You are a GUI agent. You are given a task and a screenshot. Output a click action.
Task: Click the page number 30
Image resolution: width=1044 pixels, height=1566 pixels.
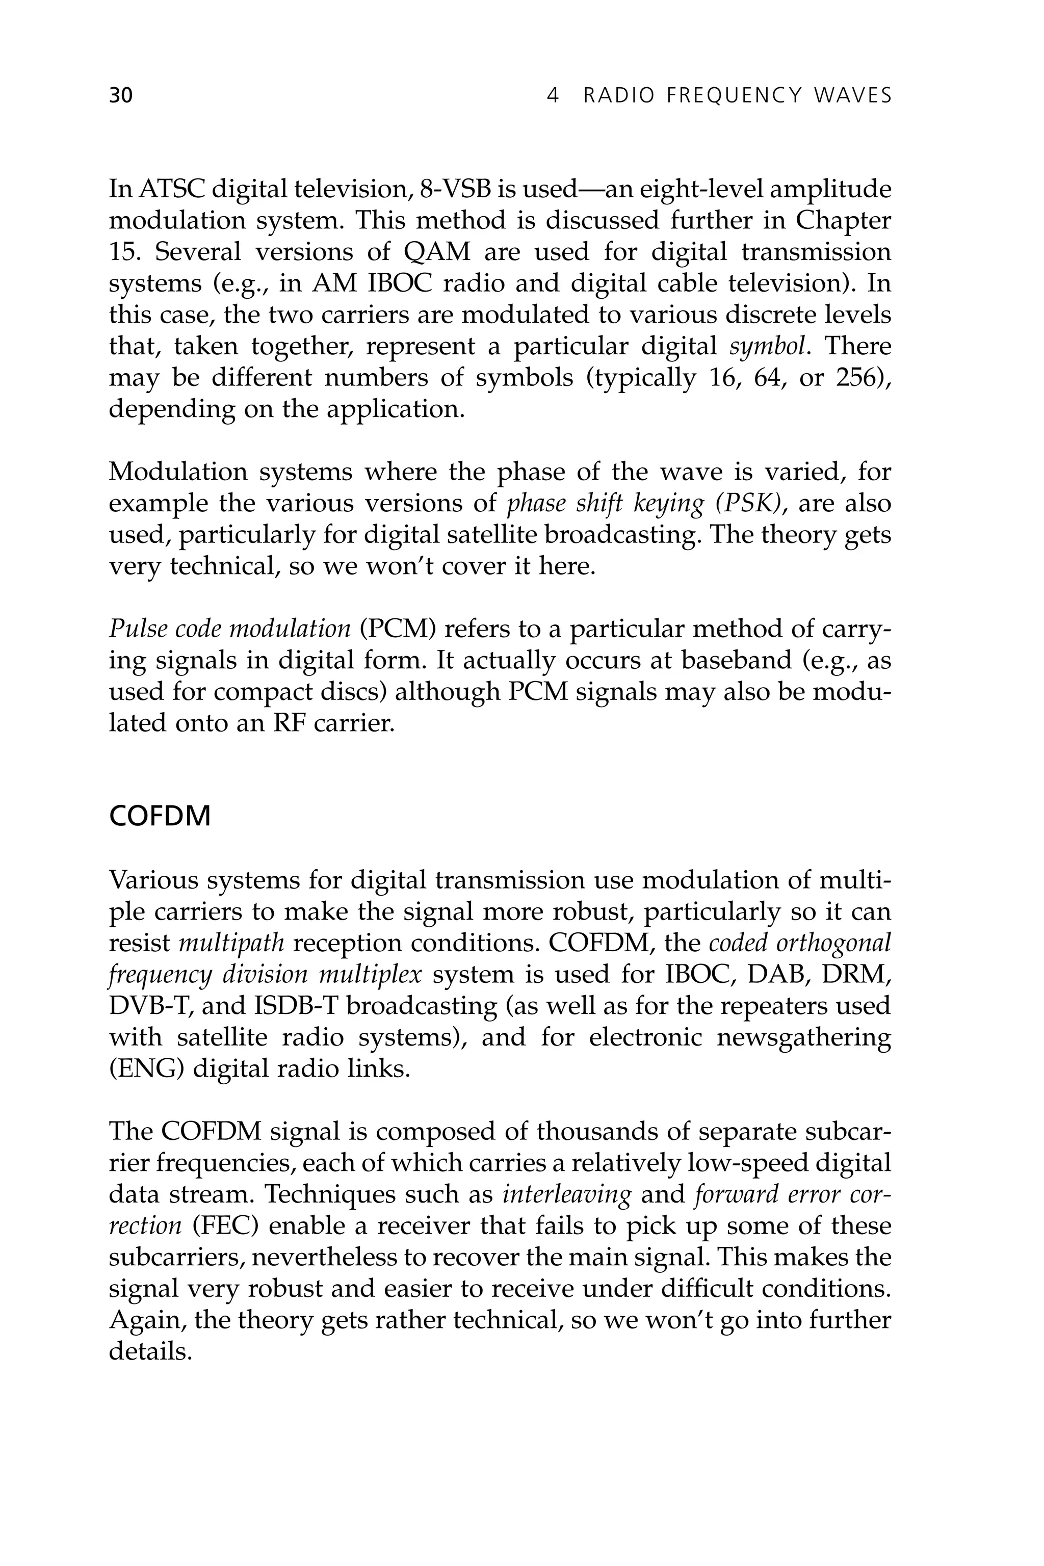(x=120, y=96)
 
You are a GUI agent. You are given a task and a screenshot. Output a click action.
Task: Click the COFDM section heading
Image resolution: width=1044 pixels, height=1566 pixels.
(x=159, y=816)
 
